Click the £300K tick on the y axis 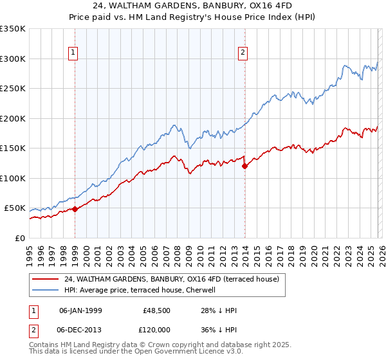pyautogui.click(x=13, y=59)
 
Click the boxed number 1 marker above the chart pyautogui.click(x=73, y=53)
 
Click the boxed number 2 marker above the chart pyautogui.click(x=243, y=53)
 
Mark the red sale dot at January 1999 pyautogui.click(x=75, y=209)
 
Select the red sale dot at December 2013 pyautogui.click(x=244, y=166)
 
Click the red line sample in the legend pyautogui.click(x=46, y=280)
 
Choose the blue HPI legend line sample pyautogui.click(x=46, y=291)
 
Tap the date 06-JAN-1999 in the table pyautogui.click(x=81, y=310)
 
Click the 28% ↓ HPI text pyautogui.click(x=219, y=310)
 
